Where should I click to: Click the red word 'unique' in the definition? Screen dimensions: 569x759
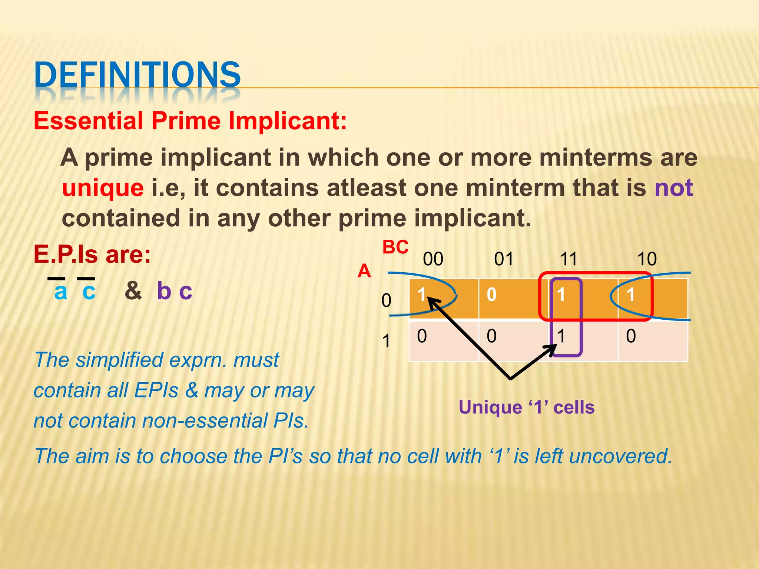(x=103, y=188)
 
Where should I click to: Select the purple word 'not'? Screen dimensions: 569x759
(x=673, y=188)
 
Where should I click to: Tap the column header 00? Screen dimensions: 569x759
(x=433, y=259)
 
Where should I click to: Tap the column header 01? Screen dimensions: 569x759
(x=504, y=259)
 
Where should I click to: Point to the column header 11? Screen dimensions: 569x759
(x=569, y=259)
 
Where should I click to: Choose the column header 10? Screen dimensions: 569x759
(x=647, y=259)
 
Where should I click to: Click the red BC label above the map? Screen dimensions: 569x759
(x=395, y=247)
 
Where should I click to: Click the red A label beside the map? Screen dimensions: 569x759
(x=364, y=271)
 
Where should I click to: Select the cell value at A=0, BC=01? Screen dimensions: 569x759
(x=491, y=295)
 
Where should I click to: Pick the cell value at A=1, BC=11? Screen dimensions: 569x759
(x=561, y=336)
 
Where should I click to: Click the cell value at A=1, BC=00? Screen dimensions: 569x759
(x=422, y=336)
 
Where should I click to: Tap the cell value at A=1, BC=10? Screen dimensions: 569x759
(x=631, y=336)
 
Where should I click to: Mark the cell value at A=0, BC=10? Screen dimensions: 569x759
(x=630, y=295)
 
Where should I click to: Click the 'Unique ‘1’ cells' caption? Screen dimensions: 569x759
(x=526, y=407)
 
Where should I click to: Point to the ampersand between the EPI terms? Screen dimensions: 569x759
(x=133, y=291)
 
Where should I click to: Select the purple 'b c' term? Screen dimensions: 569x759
(x=175, y=291)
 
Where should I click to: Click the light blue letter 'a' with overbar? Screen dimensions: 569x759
(x=61, y=292)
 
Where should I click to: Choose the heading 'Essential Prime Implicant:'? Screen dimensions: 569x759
(x=190, y=121)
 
